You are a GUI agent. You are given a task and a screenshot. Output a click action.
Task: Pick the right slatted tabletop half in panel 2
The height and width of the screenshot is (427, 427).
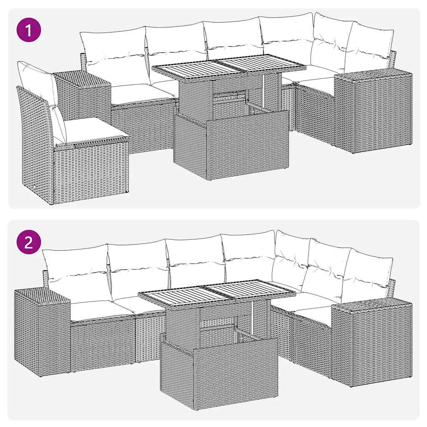pos(254,290)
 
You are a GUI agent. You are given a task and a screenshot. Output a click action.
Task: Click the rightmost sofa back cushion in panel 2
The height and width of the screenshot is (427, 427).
pos(367,271)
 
